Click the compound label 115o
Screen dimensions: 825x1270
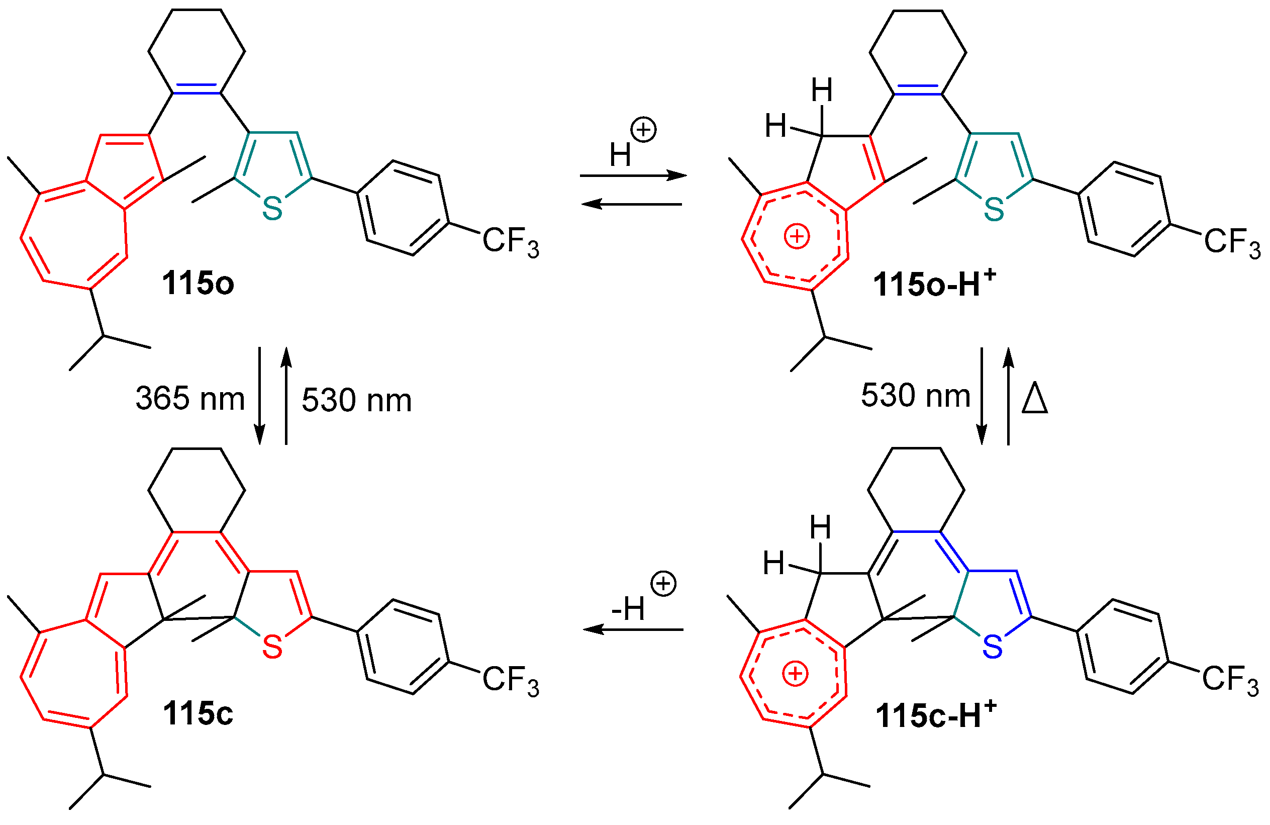tap(198, 284)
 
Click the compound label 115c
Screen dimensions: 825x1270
tap(198, 713)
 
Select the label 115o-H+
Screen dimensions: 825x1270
tap(934, 284)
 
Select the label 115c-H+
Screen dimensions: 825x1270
tap(935, 714)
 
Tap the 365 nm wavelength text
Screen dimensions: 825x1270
tap(190, 399)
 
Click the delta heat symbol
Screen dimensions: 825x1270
tap(1035, 399)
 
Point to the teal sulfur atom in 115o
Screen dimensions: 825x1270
tap(272, 209)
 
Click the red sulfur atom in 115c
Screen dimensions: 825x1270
tap(272, 648)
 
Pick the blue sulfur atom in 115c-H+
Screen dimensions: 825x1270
tap(992, 648)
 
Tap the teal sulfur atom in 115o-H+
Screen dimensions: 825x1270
tap(994, 209)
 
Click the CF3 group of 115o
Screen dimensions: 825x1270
tap(511, 242)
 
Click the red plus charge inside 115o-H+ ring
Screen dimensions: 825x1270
tap(797, 236)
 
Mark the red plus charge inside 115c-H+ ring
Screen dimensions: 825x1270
tap(795, 674)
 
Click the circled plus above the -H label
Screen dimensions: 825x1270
tap(663, 583)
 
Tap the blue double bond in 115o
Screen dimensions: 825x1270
tap(196, 89)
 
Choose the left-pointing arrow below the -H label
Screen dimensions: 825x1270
tap(633, 630)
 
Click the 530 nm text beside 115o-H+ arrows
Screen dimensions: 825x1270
tap(915, 397)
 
